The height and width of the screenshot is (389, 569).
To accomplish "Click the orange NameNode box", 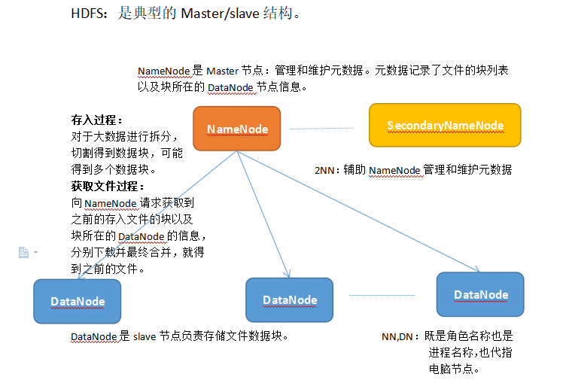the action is point(237,129).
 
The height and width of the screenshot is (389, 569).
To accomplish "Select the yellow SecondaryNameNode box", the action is point(445,125).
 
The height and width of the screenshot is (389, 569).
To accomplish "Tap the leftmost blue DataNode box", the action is point(78,301).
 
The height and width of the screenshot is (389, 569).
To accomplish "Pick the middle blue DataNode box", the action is point(290,299).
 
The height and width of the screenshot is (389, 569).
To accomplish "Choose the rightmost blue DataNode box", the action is point(480,294).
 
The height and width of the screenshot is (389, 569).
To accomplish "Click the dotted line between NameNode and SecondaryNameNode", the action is point(321,129).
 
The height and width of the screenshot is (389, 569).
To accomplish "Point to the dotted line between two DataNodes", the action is point(382,296).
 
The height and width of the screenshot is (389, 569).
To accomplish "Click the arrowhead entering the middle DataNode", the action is point(288,274).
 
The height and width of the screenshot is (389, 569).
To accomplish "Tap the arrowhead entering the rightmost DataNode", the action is point(476,269).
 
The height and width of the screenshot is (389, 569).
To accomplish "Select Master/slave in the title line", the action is point(221,14).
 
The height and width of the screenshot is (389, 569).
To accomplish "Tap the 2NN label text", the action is point(324,170).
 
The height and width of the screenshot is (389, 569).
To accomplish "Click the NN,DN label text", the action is point(397,337).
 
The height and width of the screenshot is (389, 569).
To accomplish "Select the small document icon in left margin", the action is point(23,252).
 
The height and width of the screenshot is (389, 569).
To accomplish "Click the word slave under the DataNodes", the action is point(145,337).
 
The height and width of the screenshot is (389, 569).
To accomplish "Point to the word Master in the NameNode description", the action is point(223,71).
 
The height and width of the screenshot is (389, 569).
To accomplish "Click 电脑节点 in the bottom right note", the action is point(451,369).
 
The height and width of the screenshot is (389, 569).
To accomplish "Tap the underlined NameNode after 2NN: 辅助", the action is point(394,171).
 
